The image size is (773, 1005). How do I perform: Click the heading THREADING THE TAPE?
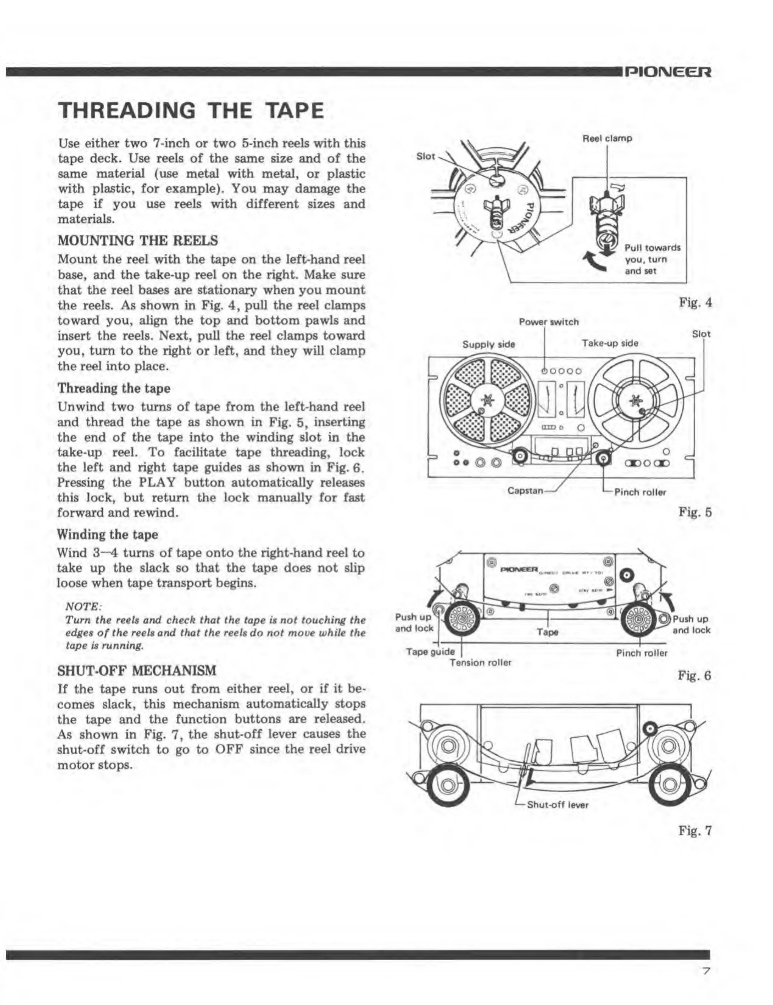pos(191,111)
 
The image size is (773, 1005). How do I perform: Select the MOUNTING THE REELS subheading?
pos(138,241)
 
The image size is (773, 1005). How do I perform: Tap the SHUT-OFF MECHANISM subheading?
pos(137,670)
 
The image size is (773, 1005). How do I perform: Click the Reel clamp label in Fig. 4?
pos(607,139)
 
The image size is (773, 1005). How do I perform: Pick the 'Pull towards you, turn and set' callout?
pos(652,259)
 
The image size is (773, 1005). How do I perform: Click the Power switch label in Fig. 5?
pos(549,322)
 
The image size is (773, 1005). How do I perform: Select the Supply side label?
pos(488,344)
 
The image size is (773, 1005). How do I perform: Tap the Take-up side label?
pos(610,343)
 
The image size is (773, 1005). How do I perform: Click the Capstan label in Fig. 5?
pos(525,491)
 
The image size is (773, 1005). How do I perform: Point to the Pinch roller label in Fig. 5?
pos(640,492)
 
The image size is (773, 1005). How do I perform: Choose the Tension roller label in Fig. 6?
pos(480,662)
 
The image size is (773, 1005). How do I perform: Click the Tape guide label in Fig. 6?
pos(430,651)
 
